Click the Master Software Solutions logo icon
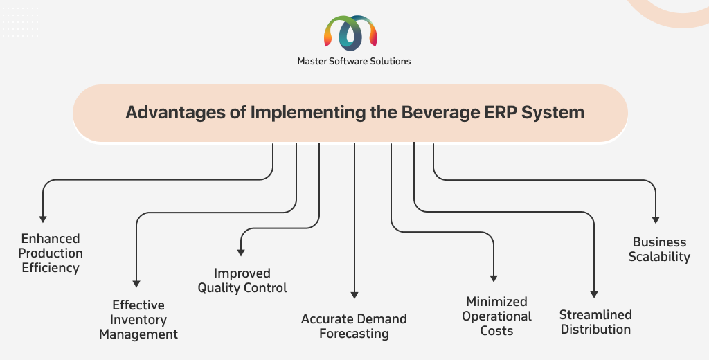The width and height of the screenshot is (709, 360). point(351,33)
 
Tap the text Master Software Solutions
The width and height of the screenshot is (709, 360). point(354,61)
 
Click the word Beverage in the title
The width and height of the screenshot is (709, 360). point(440,113)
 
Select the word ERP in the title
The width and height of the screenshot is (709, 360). point(501,112)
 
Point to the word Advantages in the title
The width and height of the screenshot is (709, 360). point(175,113)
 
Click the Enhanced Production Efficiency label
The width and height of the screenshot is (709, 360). point(51,253)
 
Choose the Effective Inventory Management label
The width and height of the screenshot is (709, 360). point(138,319)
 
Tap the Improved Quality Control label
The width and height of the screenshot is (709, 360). point(242,280)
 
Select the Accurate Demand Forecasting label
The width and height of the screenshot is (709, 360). point(354,326)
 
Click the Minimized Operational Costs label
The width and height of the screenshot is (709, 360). point(496,316)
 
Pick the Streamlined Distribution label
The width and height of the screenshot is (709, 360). point(595,322)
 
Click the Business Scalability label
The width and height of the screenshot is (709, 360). point(659,249)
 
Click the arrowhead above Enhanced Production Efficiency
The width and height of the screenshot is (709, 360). point(42,219)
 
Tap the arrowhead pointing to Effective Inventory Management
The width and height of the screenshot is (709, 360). point(136,284)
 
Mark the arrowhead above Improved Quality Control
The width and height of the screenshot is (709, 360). point(241,253)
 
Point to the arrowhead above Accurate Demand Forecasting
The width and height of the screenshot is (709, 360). point(354,296)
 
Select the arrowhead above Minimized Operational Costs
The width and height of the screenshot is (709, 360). point(494,278)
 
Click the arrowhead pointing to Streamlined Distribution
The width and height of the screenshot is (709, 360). point(594,294)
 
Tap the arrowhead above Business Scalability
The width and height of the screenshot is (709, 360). point(656,220)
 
